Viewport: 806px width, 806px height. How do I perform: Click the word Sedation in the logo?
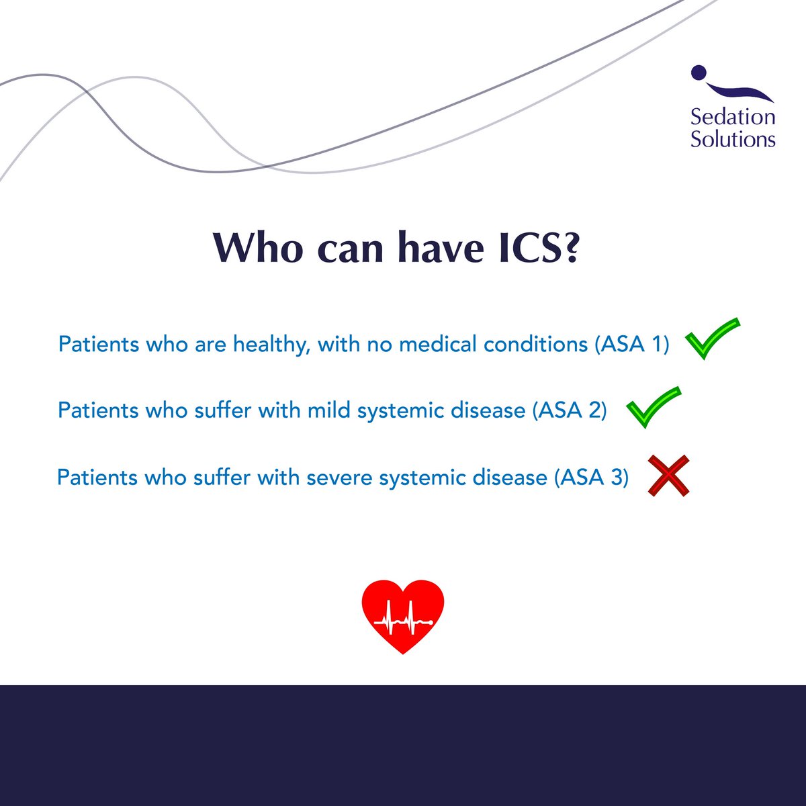coord(733,117)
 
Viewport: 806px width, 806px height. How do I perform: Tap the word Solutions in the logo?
coord(733,140)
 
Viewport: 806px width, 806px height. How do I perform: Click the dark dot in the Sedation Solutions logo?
coord(699,71)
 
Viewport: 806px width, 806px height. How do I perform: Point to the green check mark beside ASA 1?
coord(712,339)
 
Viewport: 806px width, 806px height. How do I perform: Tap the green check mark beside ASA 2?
coord(653,407)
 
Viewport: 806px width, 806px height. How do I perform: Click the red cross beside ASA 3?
coord(668,476)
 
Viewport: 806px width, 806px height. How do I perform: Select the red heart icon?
coord(403,615)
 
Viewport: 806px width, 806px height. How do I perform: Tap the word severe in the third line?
coord(340,477)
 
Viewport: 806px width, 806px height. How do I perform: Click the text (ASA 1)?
coord(631,345)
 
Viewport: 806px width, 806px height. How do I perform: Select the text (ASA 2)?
coord(569,410)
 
